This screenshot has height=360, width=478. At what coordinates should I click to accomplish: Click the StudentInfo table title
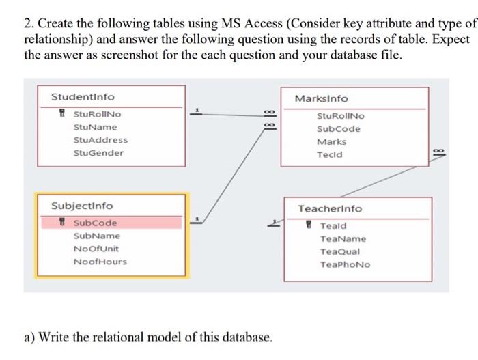pyautogui.click(x=83, y=97)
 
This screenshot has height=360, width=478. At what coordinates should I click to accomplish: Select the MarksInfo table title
pyautogui.click(x=321, y=99)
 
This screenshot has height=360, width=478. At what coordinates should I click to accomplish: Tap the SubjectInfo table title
pyautogui.click(x=83, y=206)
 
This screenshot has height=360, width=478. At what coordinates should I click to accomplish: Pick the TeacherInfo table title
pyautogui.click(x=330, y=208)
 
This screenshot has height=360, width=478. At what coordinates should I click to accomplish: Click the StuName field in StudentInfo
pyautogui.click(x=95, y=127)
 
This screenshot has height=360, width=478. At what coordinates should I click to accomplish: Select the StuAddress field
pyautogui.click(x=100, y=140)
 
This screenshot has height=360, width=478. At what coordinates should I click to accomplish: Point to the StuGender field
pyautogui.click(x=98, y=153)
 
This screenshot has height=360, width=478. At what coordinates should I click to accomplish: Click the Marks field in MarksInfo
pyautogui.click(x=331, y=141)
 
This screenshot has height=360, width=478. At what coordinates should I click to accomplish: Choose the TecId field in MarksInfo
pyautogui.click(x=330, y=154)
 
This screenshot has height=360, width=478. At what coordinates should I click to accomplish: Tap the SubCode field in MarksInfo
pyautogui.click(x=339, y=129)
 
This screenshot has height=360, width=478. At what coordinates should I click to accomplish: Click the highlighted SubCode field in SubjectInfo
pyautogui.click(x=95, y=223)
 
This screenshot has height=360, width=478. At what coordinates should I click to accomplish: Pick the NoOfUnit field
pyautogui.click(x=96, y=249)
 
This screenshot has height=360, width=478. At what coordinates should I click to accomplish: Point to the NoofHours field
pyautogui.click(x=100, y=262)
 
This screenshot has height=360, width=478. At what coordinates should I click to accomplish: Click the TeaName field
pyautogui.click(x=343, y=239)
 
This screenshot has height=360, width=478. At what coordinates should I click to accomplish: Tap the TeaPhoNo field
pyautogui.click(x=345, y=265)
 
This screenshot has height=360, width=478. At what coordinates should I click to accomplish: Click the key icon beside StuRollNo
pyautogui.click(x=63, y=114)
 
